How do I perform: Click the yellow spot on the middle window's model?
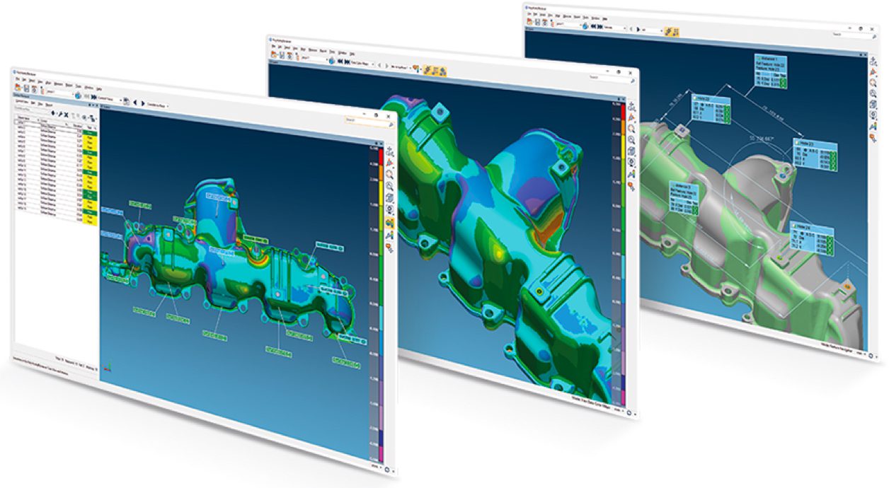500,252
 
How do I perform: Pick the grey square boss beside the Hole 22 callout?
681,130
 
